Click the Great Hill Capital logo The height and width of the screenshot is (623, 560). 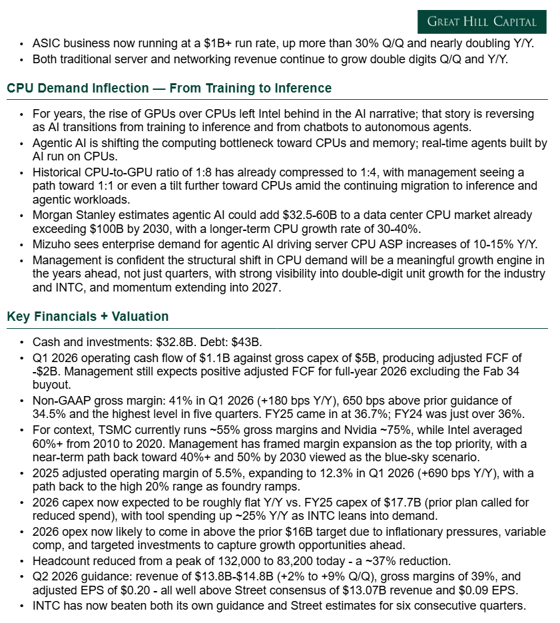[x=481, y=21]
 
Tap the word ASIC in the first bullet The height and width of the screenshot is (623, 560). [x=45, y=43]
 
